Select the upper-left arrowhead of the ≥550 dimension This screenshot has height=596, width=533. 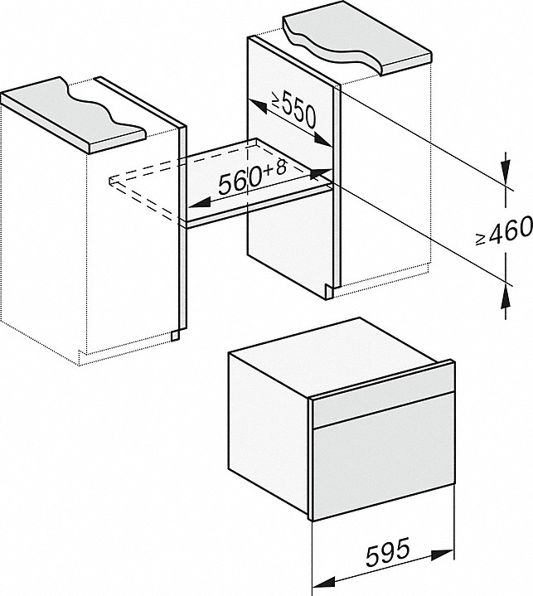(254, 101)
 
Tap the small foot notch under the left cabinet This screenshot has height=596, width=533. (175, 334)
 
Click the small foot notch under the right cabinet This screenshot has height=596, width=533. (331, 289)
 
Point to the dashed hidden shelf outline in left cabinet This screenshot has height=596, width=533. (145, 187)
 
